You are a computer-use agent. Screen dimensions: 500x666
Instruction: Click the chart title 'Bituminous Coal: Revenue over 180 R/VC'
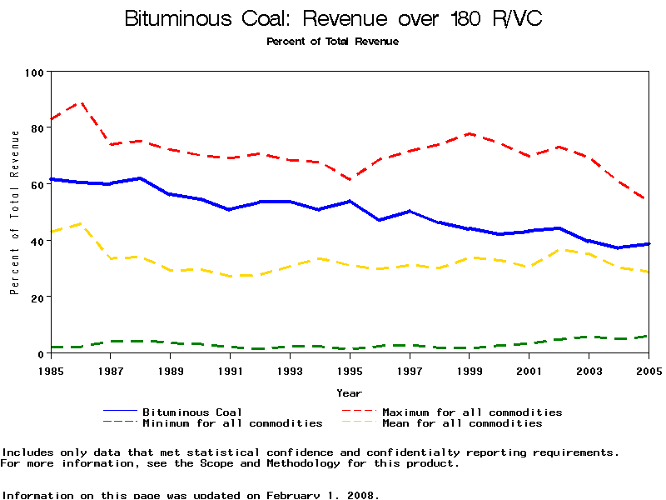[x=333, y=18]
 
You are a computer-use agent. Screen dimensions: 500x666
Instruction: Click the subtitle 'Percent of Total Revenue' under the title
[x=333, y=42]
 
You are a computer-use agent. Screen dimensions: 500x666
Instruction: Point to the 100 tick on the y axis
[x=34, y=72]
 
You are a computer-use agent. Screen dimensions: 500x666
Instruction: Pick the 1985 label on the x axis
[x=52, y=369]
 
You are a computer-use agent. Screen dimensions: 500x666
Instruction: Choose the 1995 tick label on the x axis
[x=350, y=369]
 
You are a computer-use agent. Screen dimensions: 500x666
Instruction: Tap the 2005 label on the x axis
[x=648, y=369]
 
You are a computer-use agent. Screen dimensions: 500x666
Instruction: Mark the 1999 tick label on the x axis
[x=470, y=369]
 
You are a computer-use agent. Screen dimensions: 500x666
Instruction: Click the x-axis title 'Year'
[x=350, y=392]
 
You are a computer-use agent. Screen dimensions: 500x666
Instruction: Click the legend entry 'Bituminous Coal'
[x=192, y=412]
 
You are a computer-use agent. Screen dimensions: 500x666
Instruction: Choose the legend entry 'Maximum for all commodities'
[x=472, y=412]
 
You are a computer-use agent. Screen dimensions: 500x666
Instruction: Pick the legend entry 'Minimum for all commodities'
[x=232, y=423]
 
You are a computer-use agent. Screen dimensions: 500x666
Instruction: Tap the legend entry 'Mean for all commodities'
[x=462, y=423]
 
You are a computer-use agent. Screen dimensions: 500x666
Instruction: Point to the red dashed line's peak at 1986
[x=81, y=102]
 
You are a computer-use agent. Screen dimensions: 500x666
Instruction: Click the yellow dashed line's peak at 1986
[x=81, y=223]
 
